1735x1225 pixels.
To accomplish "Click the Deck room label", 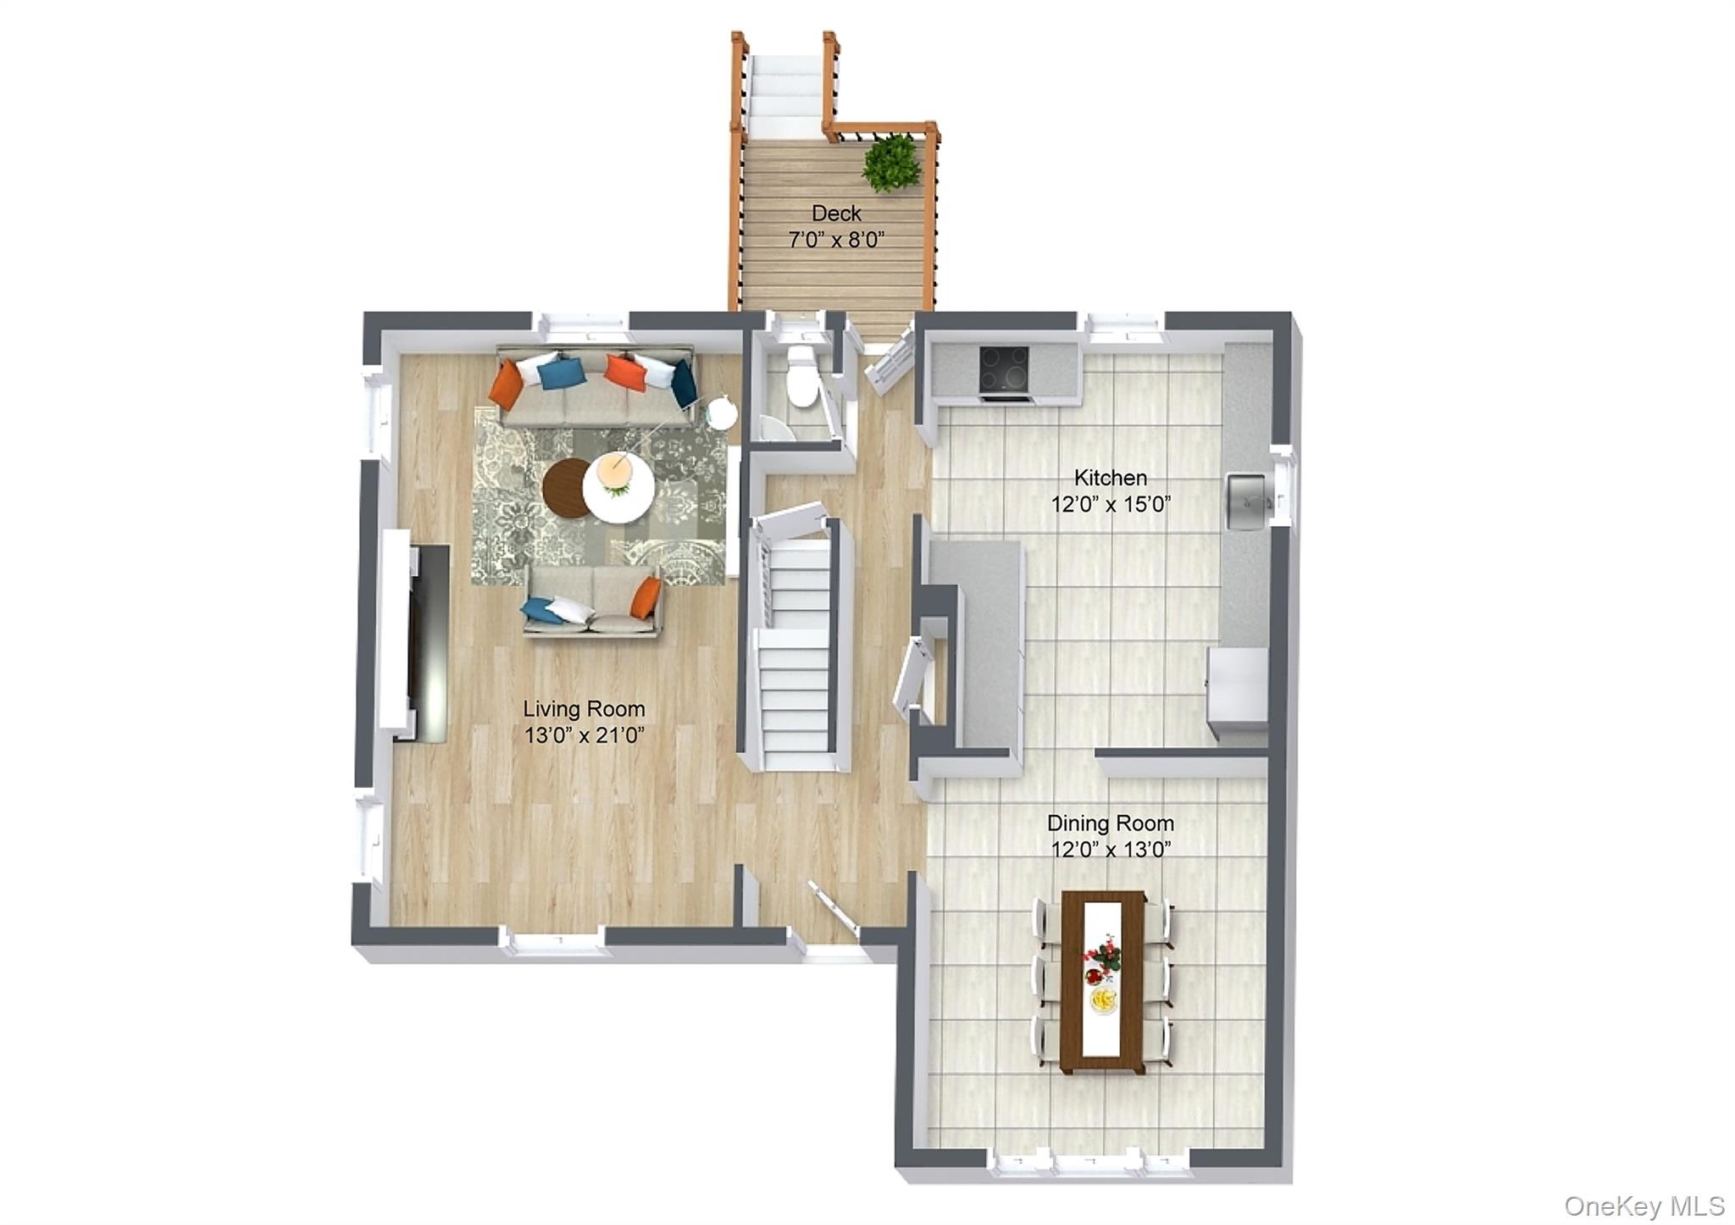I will coord(836,213).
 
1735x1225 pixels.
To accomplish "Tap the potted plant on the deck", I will coord(891,163).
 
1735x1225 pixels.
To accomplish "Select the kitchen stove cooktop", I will coord(1005,369).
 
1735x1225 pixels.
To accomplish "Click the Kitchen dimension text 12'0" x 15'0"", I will coord(1111,505).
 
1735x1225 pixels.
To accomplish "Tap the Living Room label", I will coord(584,709).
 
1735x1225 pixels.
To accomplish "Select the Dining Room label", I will coord(1111,823).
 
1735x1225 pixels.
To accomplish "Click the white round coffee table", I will coord(618,490).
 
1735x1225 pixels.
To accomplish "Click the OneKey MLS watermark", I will coord(1644,1206).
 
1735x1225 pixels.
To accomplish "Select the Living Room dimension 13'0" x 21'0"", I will coord(585,735).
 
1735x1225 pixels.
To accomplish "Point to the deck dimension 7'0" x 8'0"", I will coord(836,241).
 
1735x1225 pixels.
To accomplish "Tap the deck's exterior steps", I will coord(786,89).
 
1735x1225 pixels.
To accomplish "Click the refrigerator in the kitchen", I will coord(1238,691).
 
